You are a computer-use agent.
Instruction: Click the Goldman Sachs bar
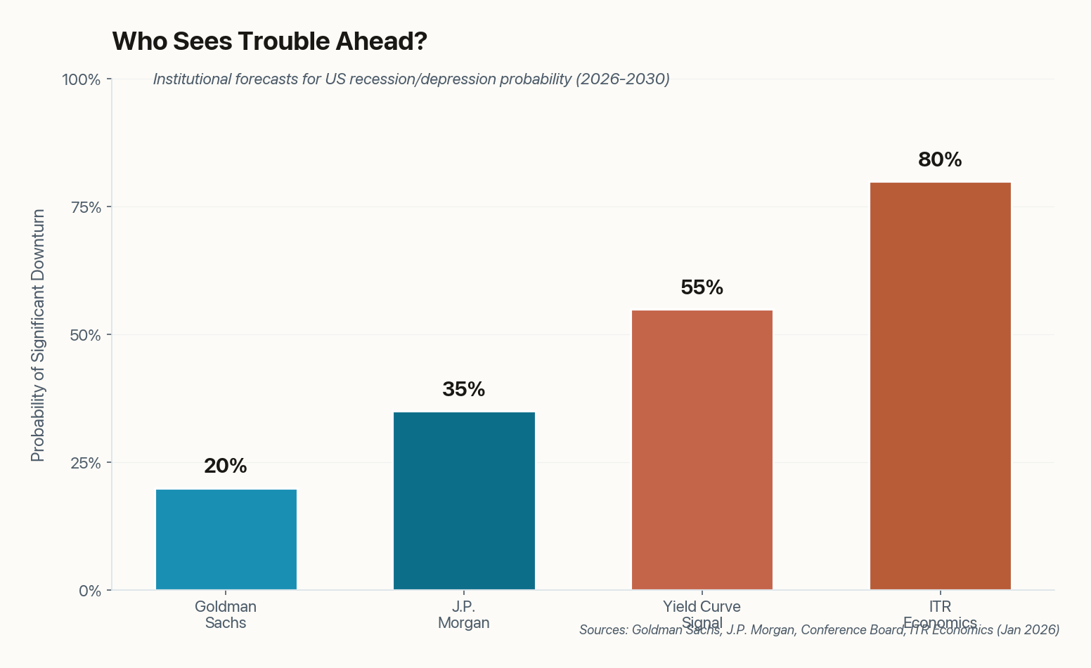point(226,539)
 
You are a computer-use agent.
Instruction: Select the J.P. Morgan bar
point(464,501)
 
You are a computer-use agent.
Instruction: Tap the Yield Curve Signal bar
point(702,450)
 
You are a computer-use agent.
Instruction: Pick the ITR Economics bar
point(940,386)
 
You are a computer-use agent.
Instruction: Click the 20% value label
point(226,466)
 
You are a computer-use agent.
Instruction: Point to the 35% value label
point(464,390)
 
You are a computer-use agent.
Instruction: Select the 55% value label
point(702,288)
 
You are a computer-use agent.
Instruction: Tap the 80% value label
point(940,160)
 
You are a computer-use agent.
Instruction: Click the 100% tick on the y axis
point(82,79)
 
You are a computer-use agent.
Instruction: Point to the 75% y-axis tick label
point(85,207)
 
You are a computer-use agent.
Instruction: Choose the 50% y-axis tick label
point(85,335)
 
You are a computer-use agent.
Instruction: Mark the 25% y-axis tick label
point(85,463)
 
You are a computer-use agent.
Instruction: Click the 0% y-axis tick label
point(89,591)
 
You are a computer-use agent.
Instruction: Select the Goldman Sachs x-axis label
point(226,615)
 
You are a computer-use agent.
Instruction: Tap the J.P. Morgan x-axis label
point(464,615)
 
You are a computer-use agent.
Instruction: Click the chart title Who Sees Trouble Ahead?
point(270,41)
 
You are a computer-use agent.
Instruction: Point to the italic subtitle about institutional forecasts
point(411,79)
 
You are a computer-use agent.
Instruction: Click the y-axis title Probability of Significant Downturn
point(38,335)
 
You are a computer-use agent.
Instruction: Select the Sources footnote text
point(819,630)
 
